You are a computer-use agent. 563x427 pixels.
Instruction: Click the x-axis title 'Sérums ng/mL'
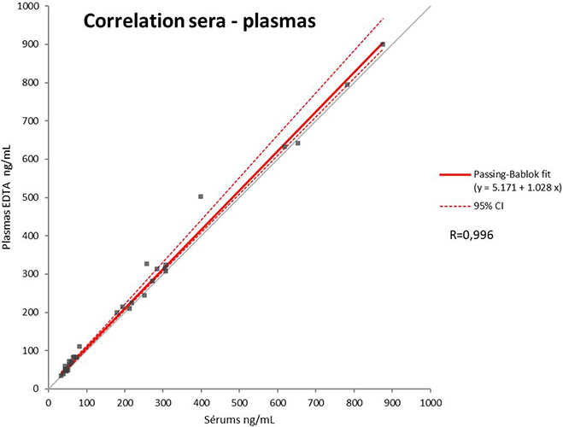pyautogui.click(x=240, y=419)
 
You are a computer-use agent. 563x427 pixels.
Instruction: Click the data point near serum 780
pyautogui.click(x=347, y=85)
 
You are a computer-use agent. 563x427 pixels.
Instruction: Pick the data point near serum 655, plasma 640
pyautogui.click(x=298, y=143)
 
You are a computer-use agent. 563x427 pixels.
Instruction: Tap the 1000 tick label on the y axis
pyautogui.click(x=30, y=6)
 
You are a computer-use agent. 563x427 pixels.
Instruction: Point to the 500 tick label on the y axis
pyautogui.click(x=32, y=197)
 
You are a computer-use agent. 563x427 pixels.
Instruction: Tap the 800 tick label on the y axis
pyautogui.click(x=32, y=83)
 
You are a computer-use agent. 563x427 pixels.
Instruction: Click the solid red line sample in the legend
pyautogui.click(x=450, y=173)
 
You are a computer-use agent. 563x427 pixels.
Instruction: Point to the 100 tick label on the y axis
pyautogui.click(x=32, y=351)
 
